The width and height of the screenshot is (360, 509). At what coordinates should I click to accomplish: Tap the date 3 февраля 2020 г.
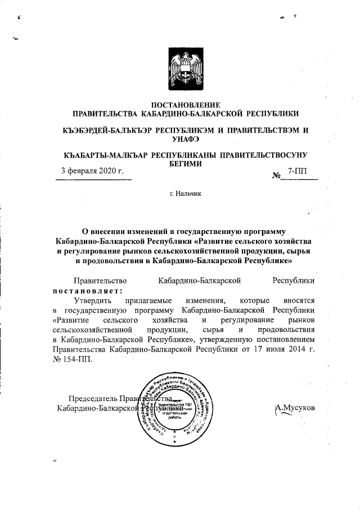click(92, 170)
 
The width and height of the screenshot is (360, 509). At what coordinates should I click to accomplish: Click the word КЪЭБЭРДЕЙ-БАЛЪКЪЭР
click(106, 129)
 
